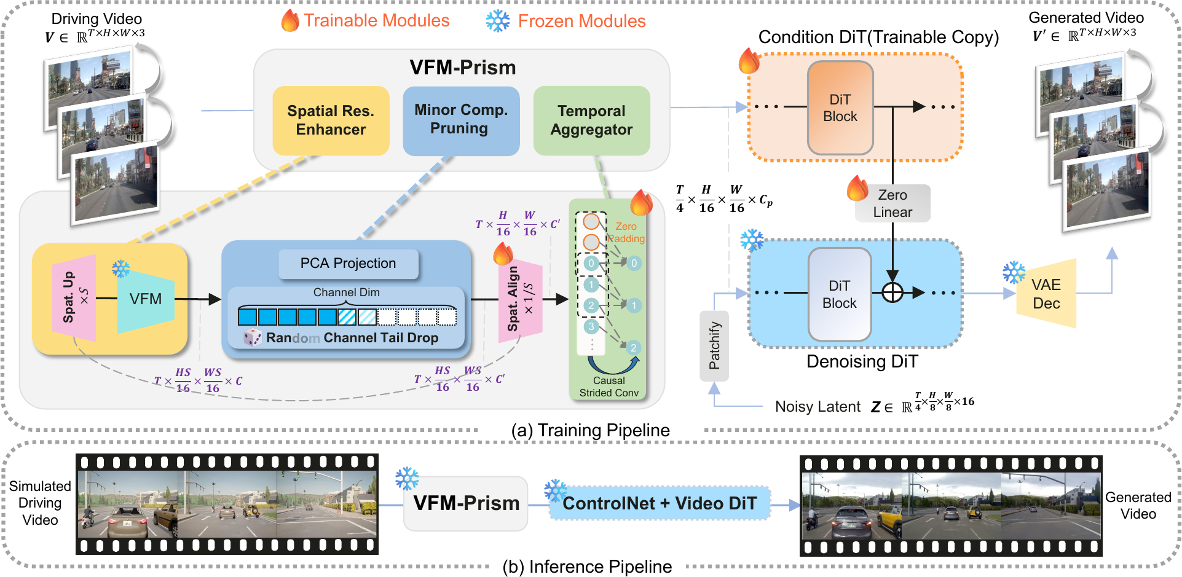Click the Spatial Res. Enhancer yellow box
point(331,120)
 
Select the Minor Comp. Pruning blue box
point(461,120)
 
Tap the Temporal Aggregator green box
point(591,120)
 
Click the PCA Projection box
point(348,264)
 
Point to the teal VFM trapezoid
point(146,299)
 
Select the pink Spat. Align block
point(520,299)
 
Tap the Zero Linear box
point(892,203)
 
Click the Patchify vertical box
point(714,345)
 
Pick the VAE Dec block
point(1046,294)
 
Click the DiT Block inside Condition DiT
point(840,108)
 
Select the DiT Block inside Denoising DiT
point(840,294)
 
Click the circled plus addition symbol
point(892,293)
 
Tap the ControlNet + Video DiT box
point(660,503)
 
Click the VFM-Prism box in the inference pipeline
point(466,503)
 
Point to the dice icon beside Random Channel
point(253,337)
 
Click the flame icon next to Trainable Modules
point(290,21)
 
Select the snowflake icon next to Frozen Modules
point(498,21)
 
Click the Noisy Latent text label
point(818,407)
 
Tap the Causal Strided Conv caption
point(609,387)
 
